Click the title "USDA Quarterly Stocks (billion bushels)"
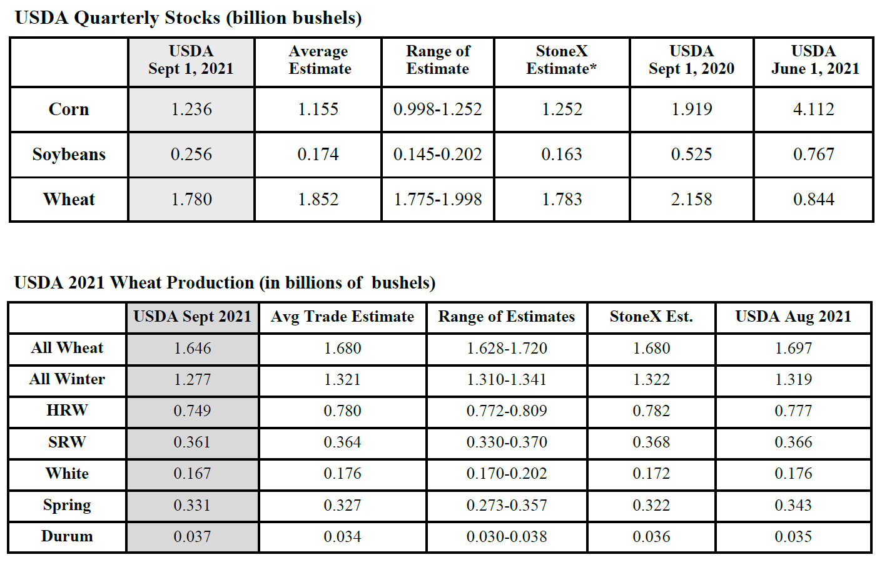click(188, 18)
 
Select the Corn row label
click(69, 109)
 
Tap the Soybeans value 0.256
click(191, 154)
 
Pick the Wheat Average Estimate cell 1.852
click(318, 199)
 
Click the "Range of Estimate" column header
click(437, 60)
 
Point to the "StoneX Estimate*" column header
click(561, 60)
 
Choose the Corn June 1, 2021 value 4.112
click(813, 109)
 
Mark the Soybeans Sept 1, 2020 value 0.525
click(691, 154)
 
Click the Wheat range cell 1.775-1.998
click(437, 199)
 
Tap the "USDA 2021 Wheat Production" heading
click(225, 283)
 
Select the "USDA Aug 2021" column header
click(793, 317)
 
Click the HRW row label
click(67, 411)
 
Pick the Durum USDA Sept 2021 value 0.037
click(192, 536)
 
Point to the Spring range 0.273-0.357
click(507, 505)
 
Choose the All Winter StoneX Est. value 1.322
click(651, 379)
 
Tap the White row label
click(67, 474)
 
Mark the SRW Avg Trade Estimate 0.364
click(342, 442)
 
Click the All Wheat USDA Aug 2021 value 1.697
click(793, 348)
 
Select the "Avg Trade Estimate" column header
click(342, 317)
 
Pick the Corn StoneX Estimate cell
click(562, 109)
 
